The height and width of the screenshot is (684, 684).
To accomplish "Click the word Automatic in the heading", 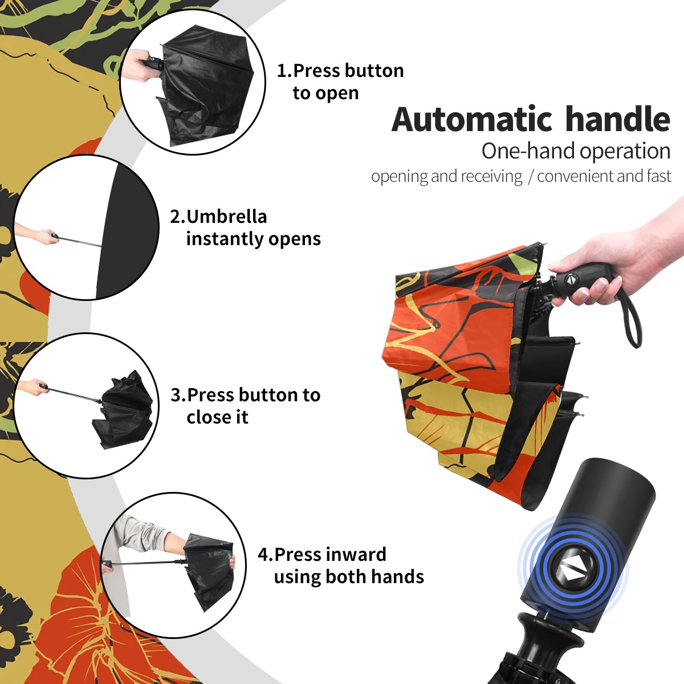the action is (x=472, y=120).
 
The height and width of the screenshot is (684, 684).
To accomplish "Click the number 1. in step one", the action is (x=284, y=71).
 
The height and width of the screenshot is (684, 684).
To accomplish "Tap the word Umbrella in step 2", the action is (x=226, y=217).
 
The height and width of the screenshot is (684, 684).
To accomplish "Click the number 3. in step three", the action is (x=178, y=394).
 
